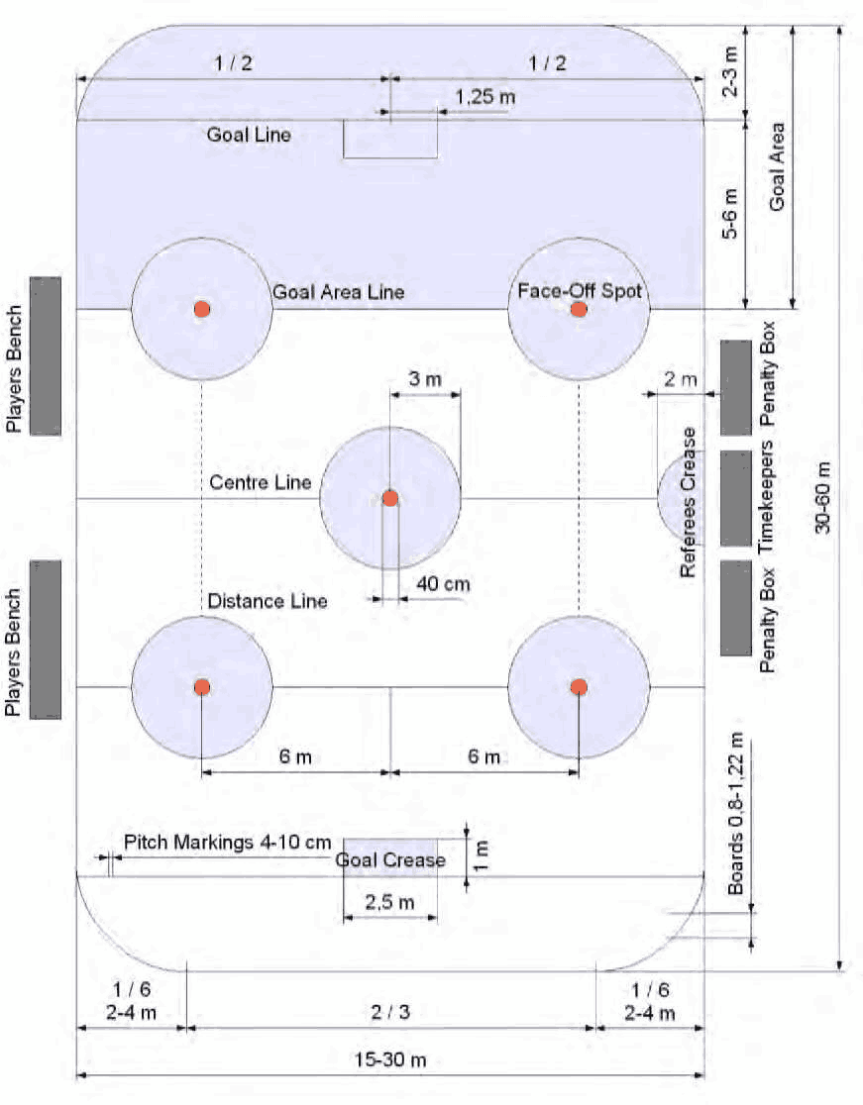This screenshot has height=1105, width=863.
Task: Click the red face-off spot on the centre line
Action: pos(390,498)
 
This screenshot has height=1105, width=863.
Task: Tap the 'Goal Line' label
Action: pos(249,135)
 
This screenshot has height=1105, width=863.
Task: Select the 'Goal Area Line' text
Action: pos(338,293)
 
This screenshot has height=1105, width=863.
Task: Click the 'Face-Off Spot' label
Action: pos(580,291)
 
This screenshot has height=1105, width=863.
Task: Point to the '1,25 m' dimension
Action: pos(485,97)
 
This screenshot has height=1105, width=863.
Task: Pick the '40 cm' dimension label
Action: pos(443,584)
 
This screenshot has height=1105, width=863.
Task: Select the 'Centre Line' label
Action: pos(261,483)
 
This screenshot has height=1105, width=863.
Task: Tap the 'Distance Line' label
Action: pos(268,601)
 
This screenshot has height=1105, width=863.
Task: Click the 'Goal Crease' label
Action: pos(390,860)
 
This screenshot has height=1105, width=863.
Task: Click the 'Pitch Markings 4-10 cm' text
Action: pos(227,843)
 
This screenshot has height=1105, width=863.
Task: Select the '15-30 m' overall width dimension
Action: pos(390,1060)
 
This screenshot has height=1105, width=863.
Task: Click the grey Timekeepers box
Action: pos(735,498)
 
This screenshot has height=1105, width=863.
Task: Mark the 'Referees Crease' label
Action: pos(690,502)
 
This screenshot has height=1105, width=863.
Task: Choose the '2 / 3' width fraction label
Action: pos(390,1012)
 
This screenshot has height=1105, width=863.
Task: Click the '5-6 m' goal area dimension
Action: pos(730,214)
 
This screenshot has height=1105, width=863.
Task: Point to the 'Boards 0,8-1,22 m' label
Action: pos(735,815)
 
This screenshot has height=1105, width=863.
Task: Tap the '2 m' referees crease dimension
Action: pos(681,379)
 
